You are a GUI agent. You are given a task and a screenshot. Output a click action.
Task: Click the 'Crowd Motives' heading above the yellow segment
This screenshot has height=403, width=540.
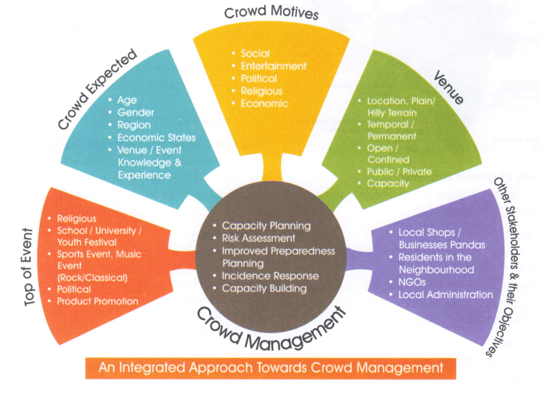click(271, 13)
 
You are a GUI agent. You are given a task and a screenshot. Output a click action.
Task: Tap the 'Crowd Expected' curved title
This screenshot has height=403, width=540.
click(98, 89)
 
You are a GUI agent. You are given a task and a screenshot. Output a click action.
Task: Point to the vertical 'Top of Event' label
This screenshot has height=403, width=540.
click(28, 267)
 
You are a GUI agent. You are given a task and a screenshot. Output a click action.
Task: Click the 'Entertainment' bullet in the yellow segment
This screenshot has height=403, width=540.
click(274, 66)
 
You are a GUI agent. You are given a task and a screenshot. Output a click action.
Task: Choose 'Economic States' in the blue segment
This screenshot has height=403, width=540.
click(156, 137)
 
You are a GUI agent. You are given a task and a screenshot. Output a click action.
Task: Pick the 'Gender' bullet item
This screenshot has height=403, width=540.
click(136, 113)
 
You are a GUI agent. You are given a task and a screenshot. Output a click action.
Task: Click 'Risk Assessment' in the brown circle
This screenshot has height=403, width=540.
click(258, 238)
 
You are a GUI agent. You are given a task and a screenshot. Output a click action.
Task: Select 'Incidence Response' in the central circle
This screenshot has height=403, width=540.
click(271, 276)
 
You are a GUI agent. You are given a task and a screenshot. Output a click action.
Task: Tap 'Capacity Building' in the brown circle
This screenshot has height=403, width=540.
click(264, 288)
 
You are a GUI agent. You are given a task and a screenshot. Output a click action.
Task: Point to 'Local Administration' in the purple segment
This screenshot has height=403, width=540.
click(446, 294)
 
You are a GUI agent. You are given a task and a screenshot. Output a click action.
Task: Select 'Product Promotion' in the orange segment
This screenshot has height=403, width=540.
click(98, 301)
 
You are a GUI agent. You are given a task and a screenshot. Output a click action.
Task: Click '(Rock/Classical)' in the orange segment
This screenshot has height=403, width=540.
click(92, 278)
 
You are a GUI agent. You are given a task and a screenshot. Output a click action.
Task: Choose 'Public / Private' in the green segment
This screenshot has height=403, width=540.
click(400, 171)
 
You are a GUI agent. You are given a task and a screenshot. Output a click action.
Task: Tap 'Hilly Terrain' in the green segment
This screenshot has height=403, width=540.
click(392, 113)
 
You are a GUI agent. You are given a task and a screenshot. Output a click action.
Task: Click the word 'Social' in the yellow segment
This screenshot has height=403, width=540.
click(255, 53)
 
